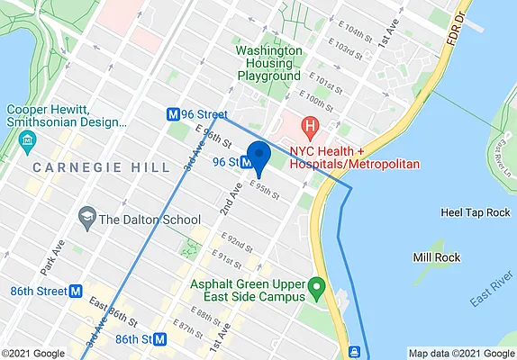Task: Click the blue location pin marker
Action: point(259,157)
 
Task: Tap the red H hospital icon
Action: point(311,125)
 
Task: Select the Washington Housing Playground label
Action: point(268,63)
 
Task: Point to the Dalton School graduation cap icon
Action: point(87,218)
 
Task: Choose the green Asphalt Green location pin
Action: point(316,288)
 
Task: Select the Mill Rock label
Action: point(437,257)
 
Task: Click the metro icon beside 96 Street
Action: point(171,114)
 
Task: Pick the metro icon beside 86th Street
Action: point(77,292)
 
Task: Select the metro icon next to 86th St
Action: point(160,340)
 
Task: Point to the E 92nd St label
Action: point(236,244)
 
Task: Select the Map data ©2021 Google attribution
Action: point(459,353)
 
